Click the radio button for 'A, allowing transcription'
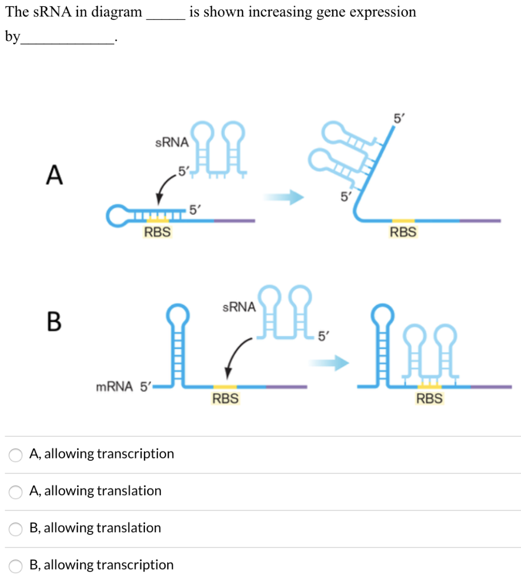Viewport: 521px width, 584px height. click(x=15, y=455)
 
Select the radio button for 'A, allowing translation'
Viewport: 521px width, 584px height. click(x=15, y=492)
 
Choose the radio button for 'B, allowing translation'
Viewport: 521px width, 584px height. click(x=15, y=529)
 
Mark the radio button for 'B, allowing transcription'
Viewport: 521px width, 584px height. click(x=15, y=566)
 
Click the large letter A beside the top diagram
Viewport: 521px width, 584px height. click(x=54, y=175)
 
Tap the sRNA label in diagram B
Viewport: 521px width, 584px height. click(x=239, y=307)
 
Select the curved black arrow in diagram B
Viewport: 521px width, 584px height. click(x=237, y=354)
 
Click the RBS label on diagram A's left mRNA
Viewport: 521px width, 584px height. click(x=157, y=232)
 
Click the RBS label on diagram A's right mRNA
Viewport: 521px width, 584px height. click(x=403, y=232)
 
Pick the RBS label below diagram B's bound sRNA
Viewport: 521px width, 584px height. click(x=429, y=399)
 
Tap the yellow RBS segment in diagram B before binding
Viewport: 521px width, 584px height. click(x=225, y=387)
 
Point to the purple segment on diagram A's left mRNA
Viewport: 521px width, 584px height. click(x=233, y=220)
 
